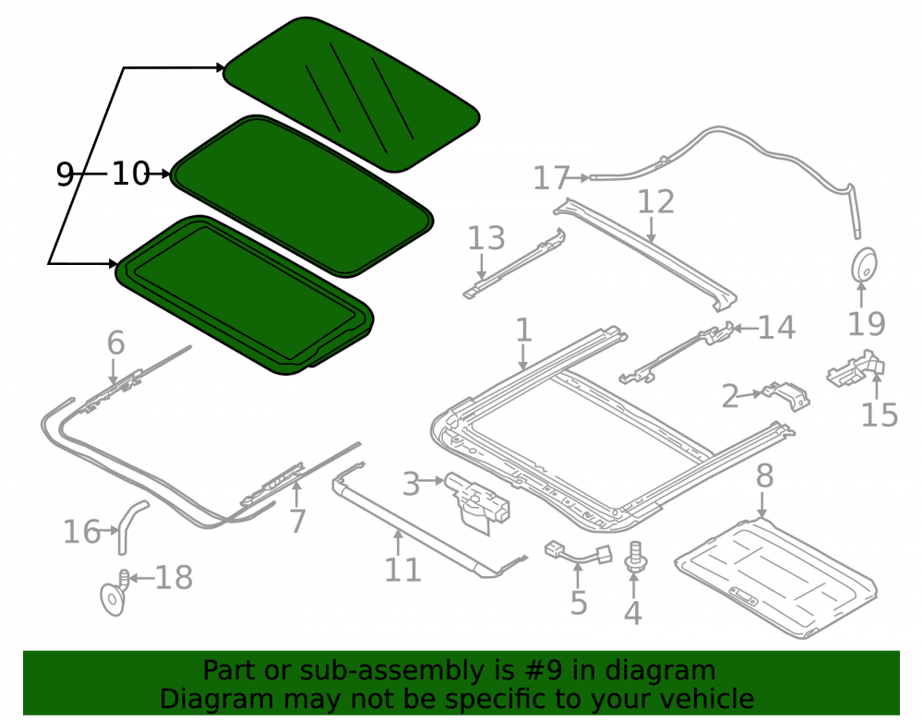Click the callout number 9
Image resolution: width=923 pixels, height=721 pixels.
[65, 174]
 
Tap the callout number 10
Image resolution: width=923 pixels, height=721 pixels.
[131, 174]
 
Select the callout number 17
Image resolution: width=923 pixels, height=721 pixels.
[552, 178]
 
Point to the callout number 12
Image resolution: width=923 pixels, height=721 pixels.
[655, 202]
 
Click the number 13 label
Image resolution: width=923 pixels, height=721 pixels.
[486, 238]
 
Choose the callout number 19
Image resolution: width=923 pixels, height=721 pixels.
[866, 324]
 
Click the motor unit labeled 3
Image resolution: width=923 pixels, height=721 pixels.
[477, 500]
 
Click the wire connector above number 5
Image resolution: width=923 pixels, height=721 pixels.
[579, 552]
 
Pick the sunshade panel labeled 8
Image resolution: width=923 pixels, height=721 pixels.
[776, 578]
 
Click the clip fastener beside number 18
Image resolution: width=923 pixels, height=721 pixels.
[114, 594]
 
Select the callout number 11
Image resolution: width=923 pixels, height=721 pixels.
[402, 570]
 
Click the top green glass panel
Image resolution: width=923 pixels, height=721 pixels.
[352, 94]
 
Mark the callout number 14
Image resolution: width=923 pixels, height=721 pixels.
[777, 327]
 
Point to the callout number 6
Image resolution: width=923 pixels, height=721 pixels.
[116, 342]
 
